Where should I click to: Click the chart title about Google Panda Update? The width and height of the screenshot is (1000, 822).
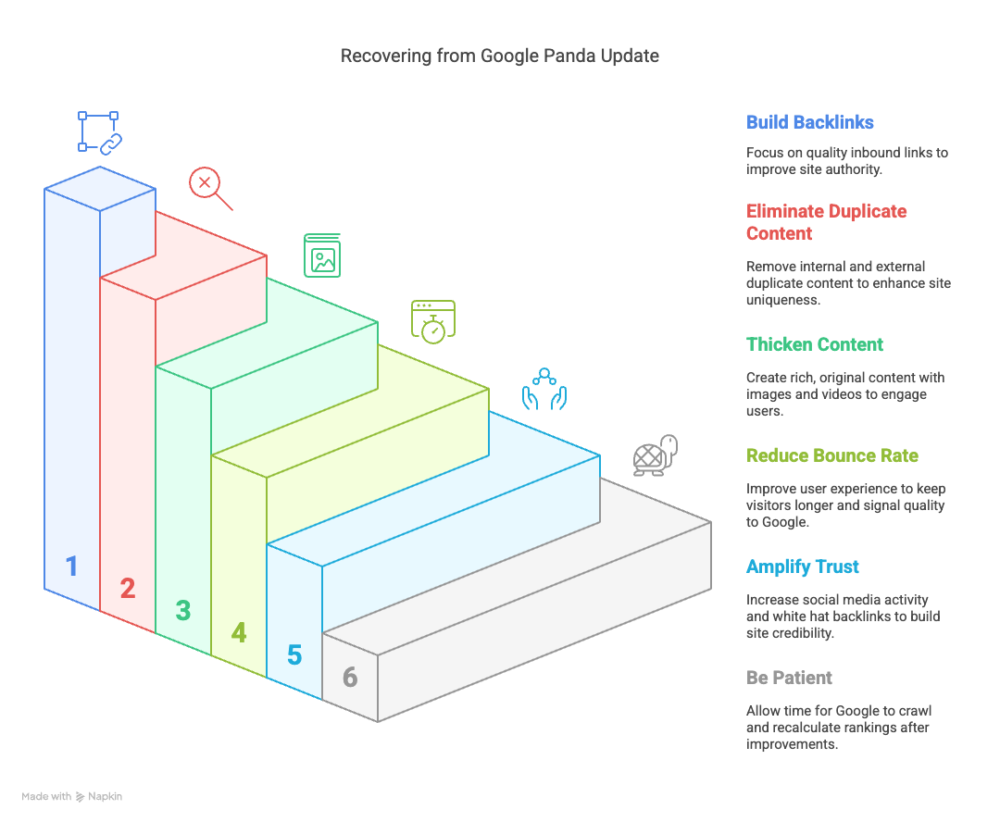[x=499, y=56]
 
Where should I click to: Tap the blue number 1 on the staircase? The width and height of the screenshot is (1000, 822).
[x=72, y=567]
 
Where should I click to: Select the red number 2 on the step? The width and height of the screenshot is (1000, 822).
[x=128, y=588]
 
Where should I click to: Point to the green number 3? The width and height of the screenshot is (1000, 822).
[x=183, y=610]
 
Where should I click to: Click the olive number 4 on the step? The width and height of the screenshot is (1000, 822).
[x=239, y=632]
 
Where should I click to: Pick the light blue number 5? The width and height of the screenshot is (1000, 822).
[x=294, y=655]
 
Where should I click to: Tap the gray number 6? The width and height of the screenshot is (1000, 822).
[x=349, y=678]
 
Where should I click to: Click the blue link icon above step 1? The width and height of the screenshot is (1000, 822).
[x=99, y=132]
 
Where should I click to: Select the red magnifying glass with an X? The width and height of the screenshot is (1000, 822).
[x=210, y=189]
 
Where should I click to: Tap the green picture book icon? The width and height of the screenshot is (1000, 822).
[x=322, y=255]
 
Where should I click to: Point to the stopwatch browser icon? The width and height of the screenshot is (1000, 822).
[x=433, y=322]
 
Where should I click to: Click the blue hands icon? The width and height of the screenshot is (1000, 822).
[x=544, y=389]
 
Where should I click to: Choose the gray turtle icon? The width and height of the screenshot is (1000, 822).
[x=655, y=455]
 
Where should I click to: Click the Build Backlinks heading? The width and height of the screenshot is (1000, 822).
[x=809, y=122]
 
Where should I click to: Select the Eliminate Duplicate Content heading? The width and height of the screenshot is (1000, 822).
[x=826, y=222]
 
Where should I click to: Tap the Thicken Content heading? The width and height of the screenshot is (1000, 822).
[x=815, y=344]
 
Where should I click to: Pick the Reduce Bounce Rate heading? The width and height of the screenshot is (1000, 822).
[x=831, y=455]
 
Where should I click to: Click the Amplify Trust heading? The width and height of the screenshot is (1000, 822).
[x=802, y=567]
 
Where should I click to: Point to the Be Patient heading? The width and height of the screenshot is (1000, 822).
[x=789, y=678]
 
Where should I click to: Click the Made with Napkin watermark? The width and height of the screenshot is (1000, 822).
[x=71, y=796]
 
